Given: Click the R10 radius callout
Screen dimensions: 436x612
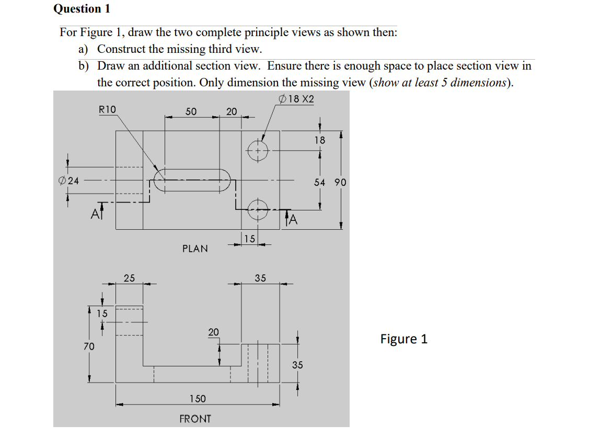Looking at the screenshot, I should pyautogui.click(x=108, y=109).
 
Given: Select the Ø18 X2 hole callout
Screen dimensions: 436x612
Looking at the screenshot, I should pyautogui.click(x=297, y=99).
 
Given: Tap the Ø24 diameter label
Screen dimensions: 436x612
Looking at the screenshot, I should pyautogui.click(x=68, y=181).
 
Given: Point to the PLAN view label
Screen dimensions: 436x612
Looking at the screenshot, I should pyautogui.click(x=195, y=249).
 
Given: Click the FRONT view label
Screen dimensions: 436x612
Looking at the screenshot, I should pyautogui.click(x=195, y=419).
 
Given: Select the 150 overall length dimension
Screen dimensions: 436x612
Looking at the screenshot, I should pyautogui.click(x=197, y=399).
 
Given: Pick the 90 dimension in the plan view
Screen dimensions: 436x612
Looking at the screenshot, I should pyautogui.click(x=340, y=182).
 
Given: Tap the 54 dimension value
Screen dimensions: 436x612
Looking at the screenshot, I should pyautogui.click(x=320, y=182).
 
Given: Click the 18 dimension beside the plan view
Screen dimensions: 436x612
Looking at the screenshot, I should pyautogui.click(x=319, y=140).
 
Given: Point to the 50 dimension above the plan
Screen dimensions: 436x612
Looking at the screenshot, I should pyautogui.click(x=191, y=111).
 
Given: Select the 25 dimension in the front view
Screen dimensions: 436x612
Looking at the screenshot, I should pyautogui.click(x=129, y=278).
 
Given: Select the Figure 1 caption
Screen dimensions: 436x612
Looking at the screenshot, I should pyautogui.click(x=403, y=339).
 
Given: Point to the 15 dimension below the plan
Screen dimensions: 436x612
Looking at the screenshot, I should pyautogui.click(x=250, y=239).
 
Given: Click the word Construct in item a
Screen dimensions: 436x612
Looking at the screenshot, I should pyautogui.click(x=122, y=49).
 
